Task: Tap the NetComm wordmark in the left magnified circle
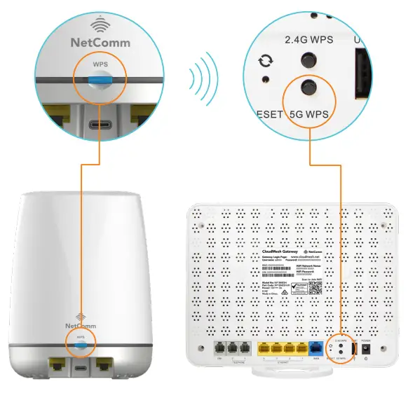click(x=100, y=42)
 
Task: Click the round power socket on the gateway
click(x=365, y=347)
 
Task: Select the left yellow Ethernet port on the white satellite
click(x=55, y=364)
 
